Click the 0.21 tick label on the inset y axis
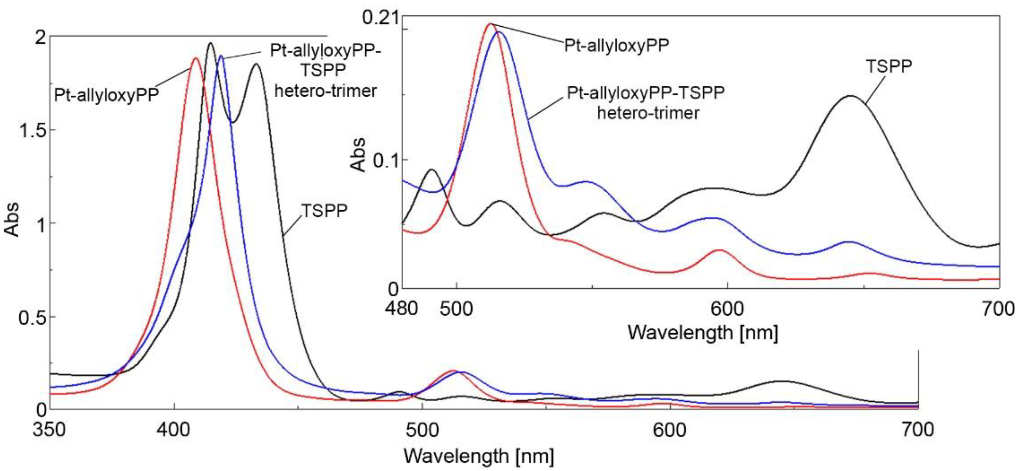point(380,18)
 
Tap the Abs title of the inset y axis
point(359,155)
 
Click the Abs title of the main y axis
point(12,220)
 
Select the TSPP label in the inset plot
point(888,66)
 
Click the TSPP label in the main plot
point(324,211)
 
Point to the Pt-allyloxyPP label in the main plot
point(107,95)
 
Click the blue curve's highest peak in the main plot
point(221,56)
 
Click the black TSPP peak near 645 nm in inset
point(850,96)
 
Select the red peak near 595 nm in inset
point(719,250)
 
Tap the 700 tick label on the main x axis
point(918,430)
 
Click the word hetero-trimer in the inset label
point(648,113)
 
